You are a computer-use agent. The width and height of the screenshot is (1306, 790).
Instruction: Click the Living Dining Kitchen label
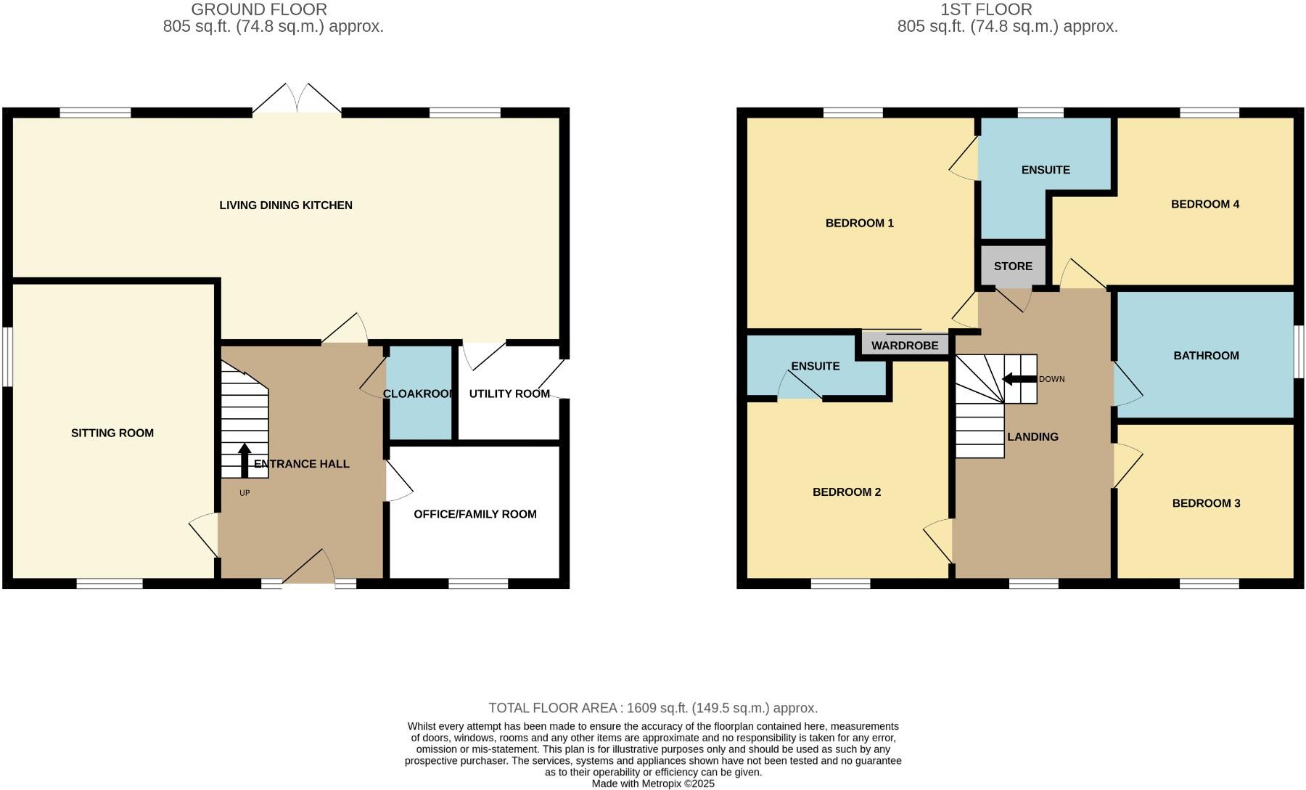pos(286,205)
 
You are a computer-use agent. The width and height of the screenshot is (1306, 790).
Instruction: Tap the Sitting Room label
pos(112,433)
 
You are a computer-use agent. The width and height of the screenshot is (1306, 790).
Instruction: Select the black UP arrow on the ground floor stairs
pos(245,460)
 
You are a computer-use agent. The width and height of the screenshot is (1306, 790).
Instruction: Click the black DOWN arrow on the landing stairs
pos(1018,379)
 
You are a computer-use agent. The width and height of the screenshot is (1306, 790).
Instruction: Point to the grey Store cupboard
pos(1013,266)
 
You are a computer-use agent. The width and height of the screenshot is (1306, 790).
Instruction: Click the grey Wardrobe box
pos(905,345)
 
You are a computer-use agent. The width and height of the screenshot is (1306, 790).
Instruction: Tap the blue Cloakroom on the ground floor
pos(419,394)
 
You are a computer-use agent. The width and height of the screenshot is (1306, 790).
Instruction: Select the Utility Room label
pos(509,394)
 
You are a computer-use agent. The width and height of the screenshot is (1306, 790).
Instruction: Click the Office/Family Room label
pos(475,514)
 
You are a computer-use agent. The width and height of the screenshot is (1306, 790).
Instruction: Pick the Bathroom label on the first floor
pos(1206,356)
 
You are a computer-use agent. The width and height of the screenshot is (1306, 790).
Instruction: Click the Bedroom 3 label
pos(1206,503)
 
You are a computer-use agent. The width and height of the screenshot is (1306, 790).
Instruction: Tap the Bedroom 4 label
pos(1205,204)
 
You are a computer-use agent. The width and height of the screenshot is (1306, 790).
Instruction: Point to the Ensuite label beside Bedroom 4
pos(1046,170)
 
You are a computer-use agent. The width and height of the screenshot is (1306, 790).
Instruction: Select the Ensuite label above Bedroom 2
pos(816,367)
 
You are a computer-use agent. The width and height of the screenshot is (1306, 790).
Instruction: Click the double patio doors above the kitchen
pos(297,100)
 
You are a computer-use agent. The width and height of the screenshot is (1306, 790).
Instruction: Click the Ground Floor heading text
pos(259,9)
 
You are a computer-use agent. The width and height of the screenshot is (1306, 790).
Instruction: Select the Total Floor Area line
pos(653,708)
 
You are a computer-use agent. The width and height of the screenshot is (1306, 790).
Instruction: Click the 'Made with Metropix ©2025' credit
pos(653,784)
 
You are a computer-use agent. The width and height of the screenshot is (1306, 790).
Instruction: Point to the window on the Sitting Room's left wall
pos(7,357)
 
